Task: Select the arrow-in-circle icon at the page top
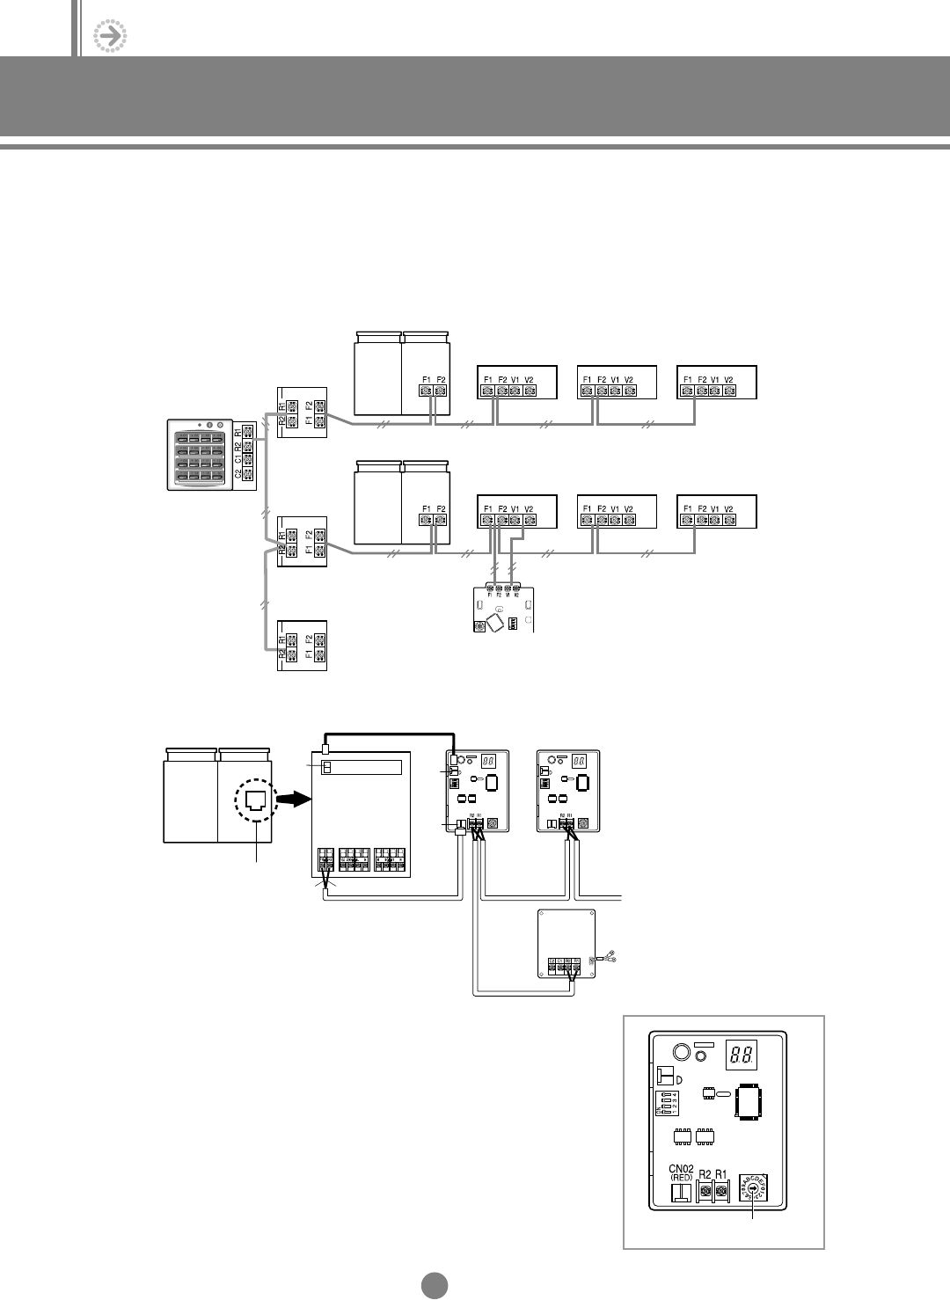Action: click(110, 35)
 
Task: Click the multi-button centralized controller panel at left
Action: click(201, 454)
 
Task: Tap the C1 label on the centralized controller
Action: click(237, 456)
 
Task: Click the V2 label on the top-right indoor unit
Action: click(728, 379)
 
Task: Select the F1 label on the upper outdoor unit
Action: click(426, 379)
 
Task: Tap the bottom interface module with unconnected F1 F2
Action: click(302, 646)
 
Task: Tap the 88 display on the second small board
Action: click(580, 761)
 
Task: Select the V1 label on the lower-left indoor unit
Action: click(515, 509)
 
